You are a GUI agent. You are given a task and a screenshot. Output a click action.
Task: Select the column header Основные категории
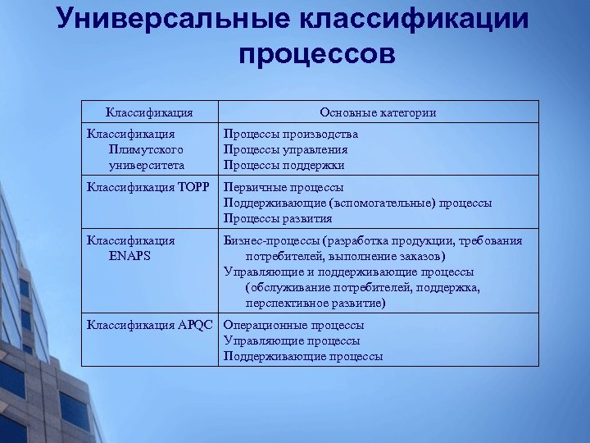[378, 112]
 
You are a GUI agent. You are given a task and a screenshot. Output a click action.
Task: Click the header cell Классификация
[150, 112]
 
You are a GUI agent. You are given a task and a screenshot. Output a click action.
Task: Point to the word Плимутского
[145, 150]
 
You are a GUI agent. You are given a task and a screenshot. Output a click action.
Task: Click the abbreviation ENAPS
[129, 256]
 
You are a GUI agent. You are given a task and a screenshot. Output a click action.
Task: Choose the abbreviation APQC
[197, 325]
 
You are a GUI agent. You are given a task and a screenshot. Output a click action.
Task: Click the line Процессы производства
[291, 134]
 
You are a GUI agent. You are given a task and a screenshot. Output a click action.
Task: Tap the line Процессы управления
[286, 150]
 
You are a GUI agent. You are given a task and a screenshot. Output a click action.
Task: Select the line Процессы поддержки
[284, 165]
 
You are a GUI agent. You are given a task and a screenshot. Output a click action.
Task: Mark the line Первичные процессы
[284, 187]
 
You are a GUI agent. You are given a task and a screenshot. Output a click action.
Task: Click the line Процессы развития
[279, 218]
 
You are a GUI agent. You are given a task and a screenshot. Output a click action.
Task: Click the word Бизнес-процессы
[272, 240]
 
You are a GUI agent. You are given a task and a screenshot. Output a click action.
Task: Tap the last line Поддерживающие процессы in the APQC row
[303, 356]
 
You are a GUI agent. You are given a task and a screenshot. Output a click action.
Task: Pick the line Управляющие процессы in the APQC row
[292, 340]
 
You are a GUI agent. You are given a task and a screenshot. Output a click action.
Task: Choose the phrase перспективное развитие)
[315, 304]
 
